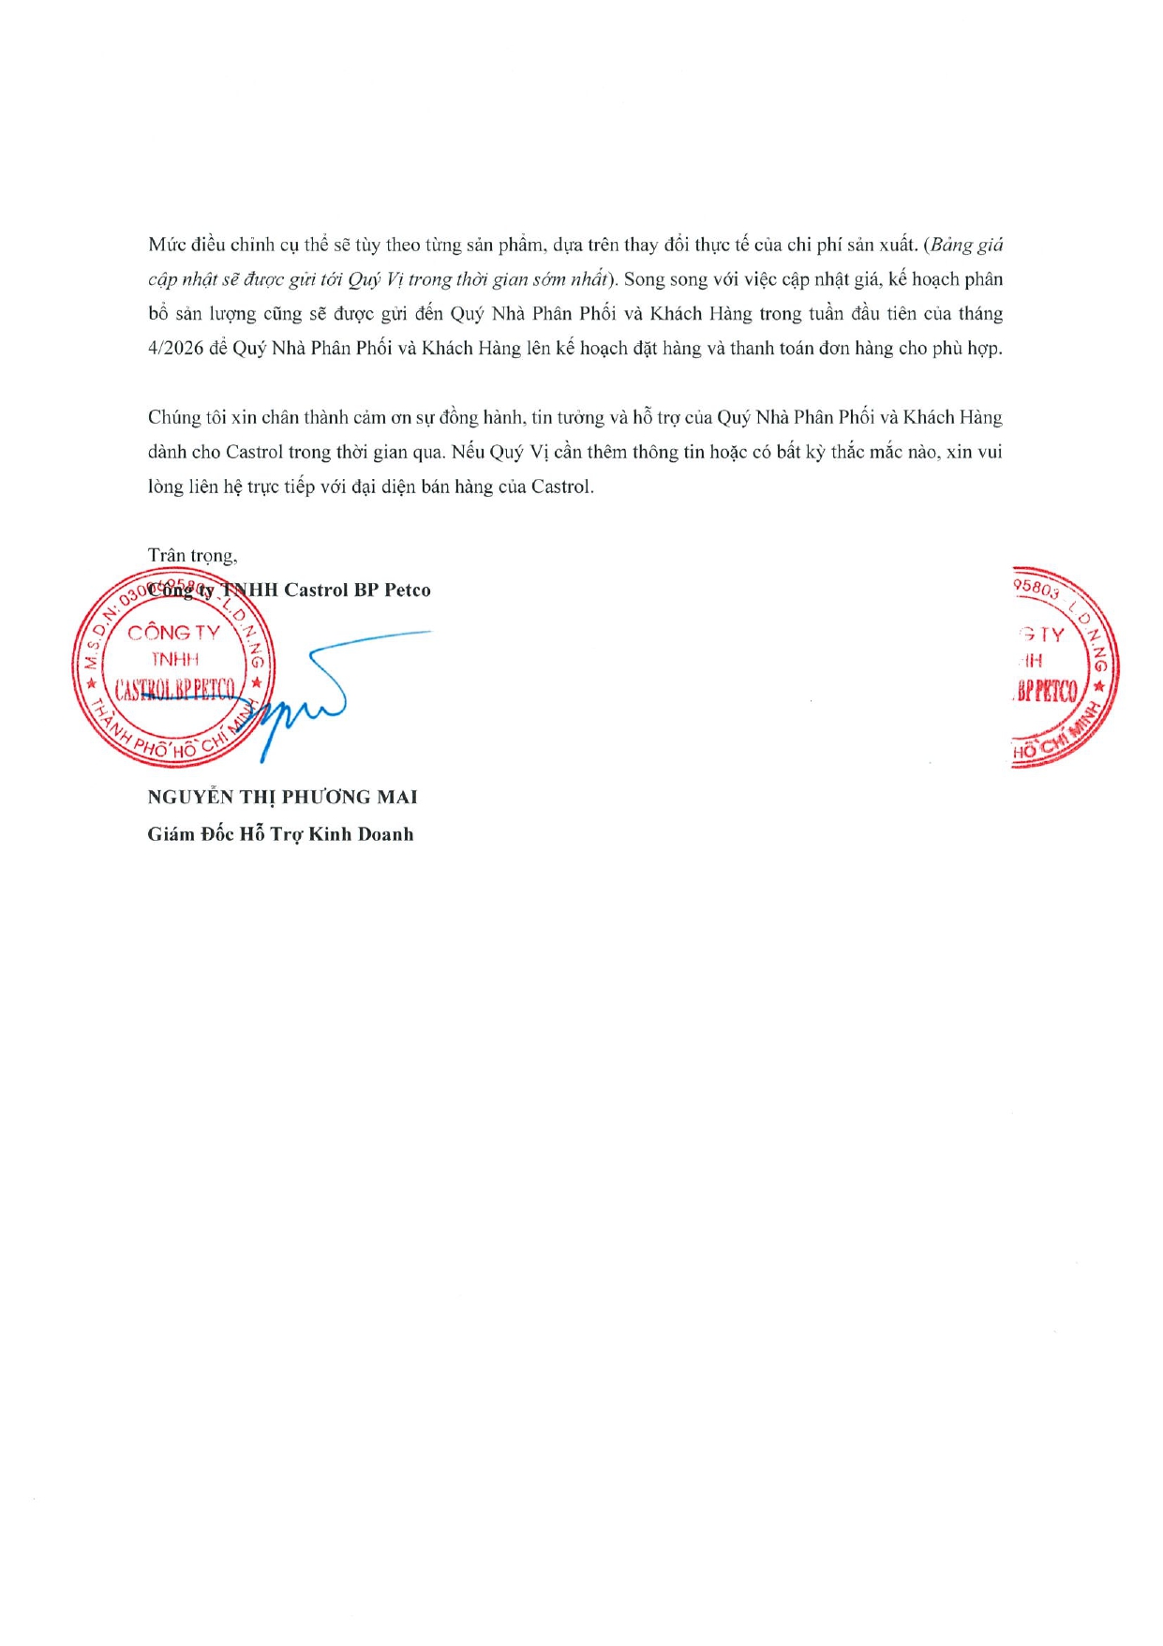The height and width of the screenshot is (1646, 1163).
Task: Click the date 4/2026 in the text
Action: tap(175, 349)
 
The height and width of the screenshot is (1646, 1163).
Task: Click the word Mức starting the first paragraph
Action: tap(166, 245)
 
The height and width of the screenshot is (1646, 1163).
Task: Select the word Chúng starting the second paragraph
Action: tap(173, 418)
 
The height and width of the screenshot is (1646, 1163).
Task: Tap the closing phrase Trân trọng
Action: tap(192, 556)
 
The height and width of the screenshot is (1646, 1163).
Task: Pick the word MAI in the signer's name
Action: tap(397, 798)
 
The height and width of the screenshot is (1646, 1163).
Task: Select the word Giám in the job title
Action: tap(170, 834)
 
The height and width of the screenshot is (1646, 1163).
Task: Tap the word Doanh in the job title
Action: tap(385, 834)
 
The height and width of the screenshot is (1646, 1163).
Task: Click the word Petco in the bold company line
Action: tap(408, 591)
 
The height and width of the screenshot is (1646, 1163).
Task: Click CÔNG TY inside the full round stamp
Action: tap(173, 633)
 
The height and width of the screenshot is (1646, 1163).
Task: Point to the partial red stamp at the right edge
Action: tap(1065, 667)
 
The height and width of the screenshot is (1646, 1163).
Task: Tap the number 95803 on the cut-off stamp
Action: tap(1036, 588)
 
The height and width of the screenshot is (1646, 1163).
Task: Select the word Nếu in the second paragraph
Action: tap(469, 453)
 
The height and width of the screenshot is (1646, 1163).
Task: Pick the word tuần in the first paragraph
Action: tap(828, 314)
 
